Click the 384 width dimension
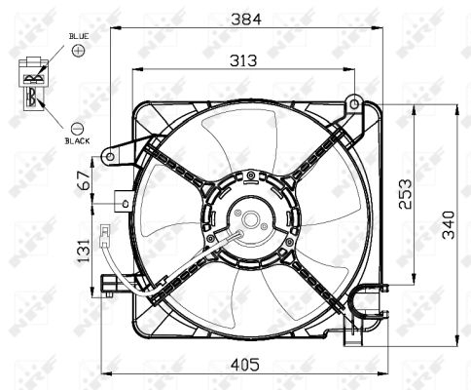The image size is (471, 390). (243, 18)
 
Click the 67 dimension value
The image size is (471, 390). (85, 181)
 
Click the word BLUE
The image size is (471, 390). (78, 35)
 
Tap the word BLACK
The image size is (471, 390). (78, 140)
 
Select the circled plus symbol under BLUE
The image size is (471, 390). (78, 49)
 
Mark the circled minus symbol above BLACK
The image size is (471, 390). (78, 127)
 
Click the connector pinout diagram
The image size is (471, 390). (33, 83)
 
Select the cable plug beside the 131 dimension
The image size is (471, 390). (103, 234)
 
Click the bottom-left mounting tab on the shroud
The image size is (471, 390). (109, 285)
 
